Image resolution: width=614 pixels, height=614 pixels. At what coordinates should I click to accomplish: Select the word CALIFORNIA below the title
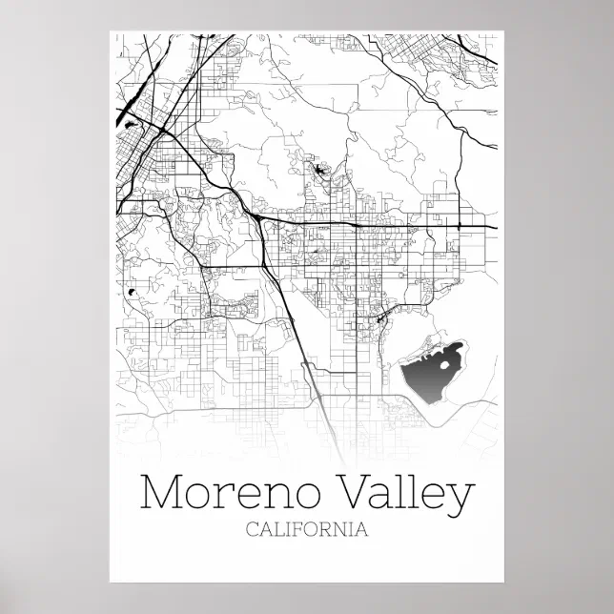pos(306,529)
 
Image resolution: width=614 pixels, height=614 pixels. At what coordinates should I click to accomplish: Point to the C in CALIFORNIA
pos(252,529)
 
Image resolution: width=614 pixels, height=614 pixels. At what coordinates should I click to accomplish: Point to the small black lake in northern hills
pos(318,172)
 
